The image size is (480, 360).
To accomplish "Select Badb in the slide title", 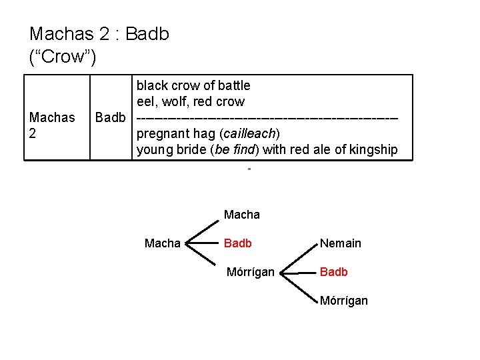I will (147, 34).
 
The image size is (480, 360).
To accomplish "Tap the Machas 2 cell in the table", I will (52, 125).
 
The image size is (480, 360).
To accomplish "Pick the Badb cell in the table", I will (110, 118).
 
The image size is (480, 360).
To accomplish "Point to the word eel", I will (146, 102).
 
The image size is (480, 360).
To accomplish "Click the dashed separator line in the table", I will (267, 118).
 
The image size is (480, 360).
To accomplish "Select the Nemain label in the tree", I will (340, 243).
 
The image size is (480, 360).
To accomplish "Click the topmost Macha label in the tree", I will (242, 215).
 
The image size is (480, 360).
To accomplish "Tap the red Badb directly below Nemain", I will (333, 272).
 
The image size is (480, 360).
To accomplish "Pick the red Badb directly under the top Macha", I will (238, 243).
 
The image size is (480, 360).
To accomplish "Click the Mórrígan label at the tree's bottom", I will (343, 301).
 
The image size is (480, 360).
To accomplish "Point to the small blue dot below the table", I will (248, 169).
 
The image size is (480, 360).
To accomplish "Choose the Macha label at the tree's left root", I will (162, 243).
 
